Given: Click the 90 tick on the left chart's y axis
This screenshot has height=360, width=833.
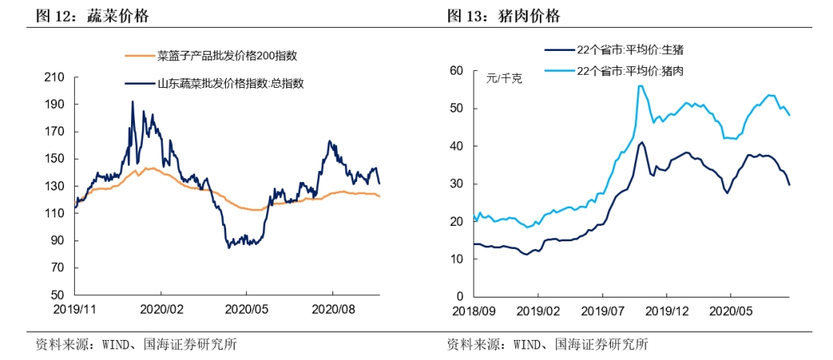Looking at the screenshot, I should [x=57, y=241].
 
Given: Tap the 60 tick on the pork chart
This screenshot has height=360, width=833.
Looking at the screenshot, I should [x=456, y=71].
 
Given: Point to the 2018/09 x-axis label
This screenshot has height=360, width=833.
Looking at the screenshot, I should [x=474, y=311].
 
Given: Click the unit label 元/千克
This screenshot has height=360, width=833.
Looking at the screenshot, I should [x=504, y=78].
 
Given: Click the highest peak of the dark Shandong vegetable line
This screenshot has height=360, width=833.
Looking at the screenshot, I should [x=132, y=102].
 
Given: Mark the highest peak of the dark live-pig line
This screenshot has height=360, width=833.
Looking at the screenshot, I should [x=641, y=142].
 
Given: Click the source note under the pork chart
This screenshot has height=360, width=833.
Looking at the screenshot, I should [x=547, y=344].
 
